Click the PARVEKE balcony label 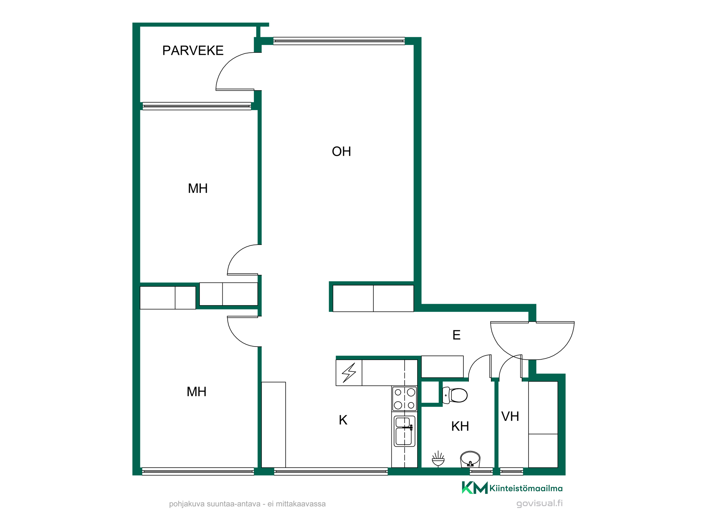pyautogui.click(x=193, y=51)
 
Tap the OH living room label pyautogui.click(x=341, y=152)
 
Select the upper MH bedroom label pyautogui.click(x=198, y=188)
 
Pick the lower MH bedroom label pyautogui.click(x=197, y=392)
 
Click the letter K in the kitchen pyautogui.click(x=343, y=420)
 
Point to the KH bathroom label pyautogui.click(x=460, y=426)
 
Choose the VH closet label pyautogui.click(x=510, y=416)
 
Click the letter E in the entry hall pyautogui.click(x=456, y=335)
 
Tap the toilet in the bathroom pyautogui.click(x=455, y=395)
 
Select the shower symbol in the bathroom pyautogui.click(x=438, y=459)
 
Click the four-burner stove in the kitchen pyautogui.click(x=404, y=398)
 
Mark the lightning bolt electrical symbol pyautogui.click(x=349, y=373)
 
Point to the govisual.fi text pyautogui.click(x=539, y=503)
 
